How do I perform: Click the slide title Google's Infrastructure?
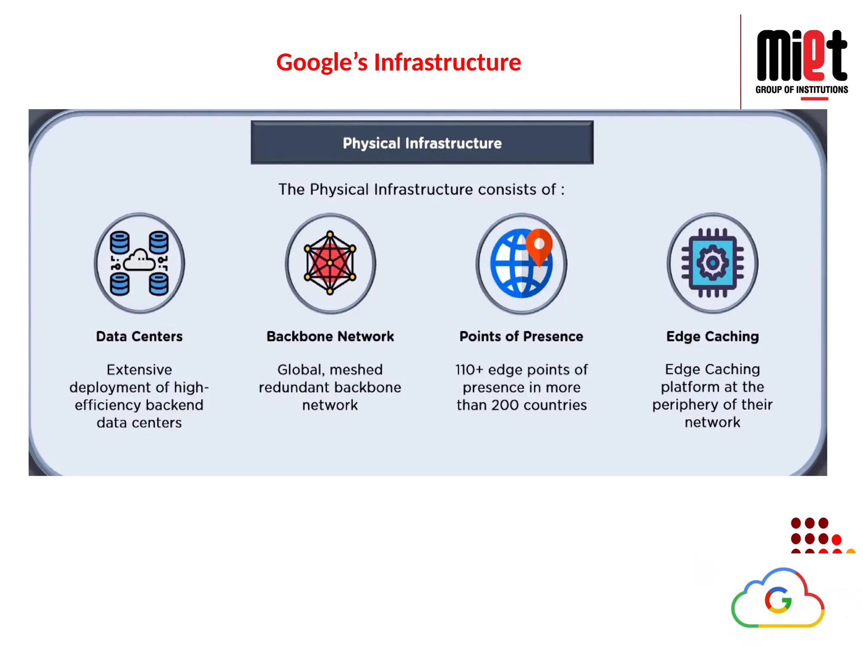pyautogui.click(x=399, y=62)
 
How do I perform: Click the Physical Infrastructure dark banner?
pyautogui.click(x=422, y=143)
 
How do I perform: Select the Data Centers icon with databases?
pyautogui.click(x=139, y=263)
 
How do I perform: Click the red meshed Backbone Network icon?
pyautogui.click(x=330, y=263)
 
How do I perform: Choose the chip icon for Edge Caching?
pyautogui.click(x=713, y=263)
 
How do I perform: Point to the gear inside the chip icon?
pyautogui.click(x=713, y=263)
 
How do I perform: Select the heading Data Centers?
pyautogui.click(x=139, y=337)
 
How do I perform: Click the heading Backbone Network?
pyautogui.click(x=330, y=337)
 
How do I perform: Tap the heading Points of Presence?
pyautogui.click(x=521, y=337)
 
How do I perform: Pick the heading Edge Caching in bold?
pyautogui.click(x=713, y=337)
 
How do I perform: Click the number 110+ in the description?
pyautogui.click(x=469, y=370)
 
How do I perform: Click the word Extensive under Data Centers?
pyautogui.click(x=139, y=370)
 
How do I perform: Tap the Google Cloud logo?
pyautogui.click(x=778, y=599)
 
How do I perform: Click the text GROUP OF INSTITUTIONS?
pyautogui.click(x=801, y=90)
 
